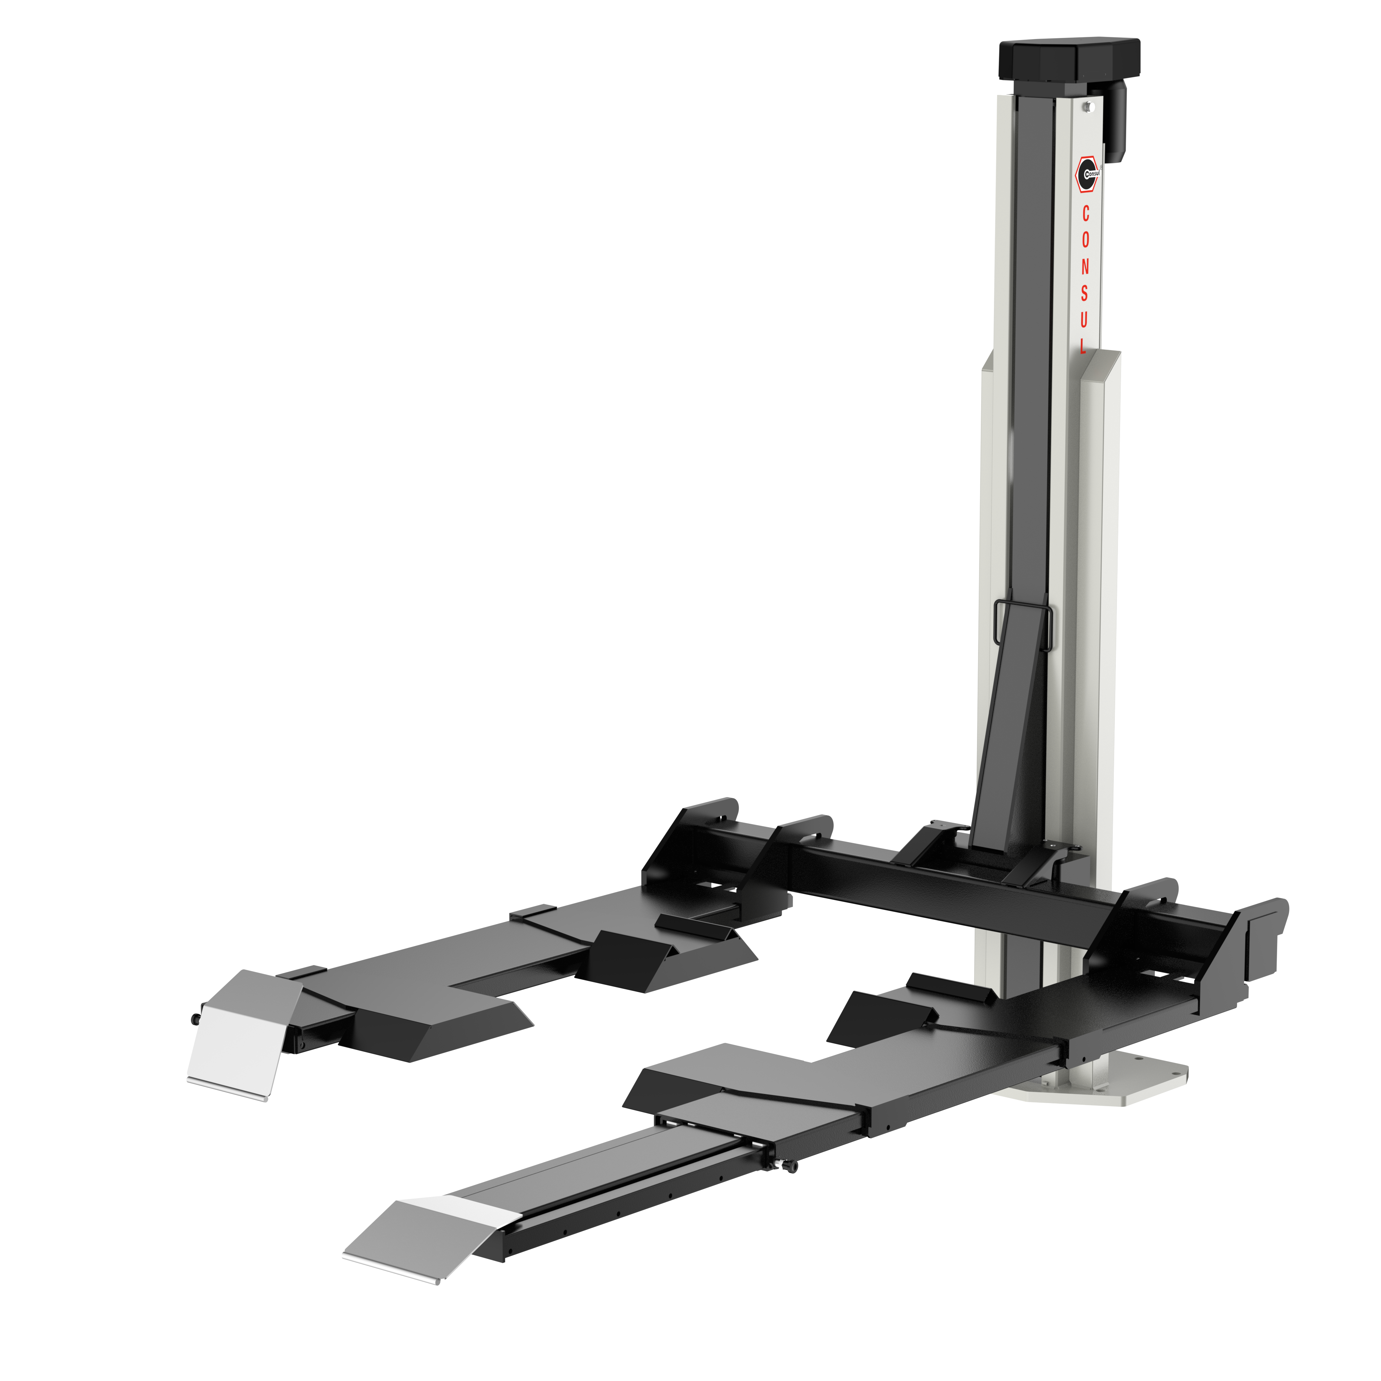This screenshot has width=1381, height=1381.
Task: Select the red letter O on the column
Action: pos(1085,240)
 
